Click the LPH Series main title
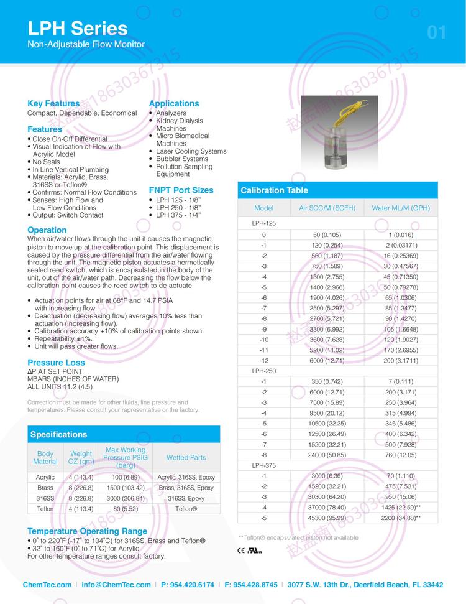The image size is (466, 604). click(x=78, y=29)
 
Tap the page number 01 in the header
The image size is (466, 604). click(x=437, y=32)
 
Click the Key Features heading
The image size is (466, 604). click(x=53, y=103)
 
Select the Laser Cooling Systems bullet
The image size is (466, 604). click(x=191, y=151)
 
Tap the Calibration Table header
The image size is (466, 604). click(x=274, y=190)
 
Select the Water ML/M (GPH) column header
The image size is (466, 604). click(x=400, y=208)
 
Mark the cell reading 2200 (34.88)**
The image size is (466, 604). click(x=401, y=518)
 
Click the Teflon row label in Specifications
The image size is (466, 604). click(x=45, y=509)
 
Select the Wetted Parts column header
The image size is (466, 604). click(x=186, y=457)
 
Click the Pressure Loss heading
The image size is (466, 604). click(x=56, y=362)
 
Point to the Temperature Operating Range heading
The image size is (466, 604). click(x=87, y=531)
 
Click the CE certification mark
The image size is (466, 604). click(x=242, y=551)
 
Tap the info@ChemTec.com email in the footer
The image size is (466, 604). click(x=116, y=585)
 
